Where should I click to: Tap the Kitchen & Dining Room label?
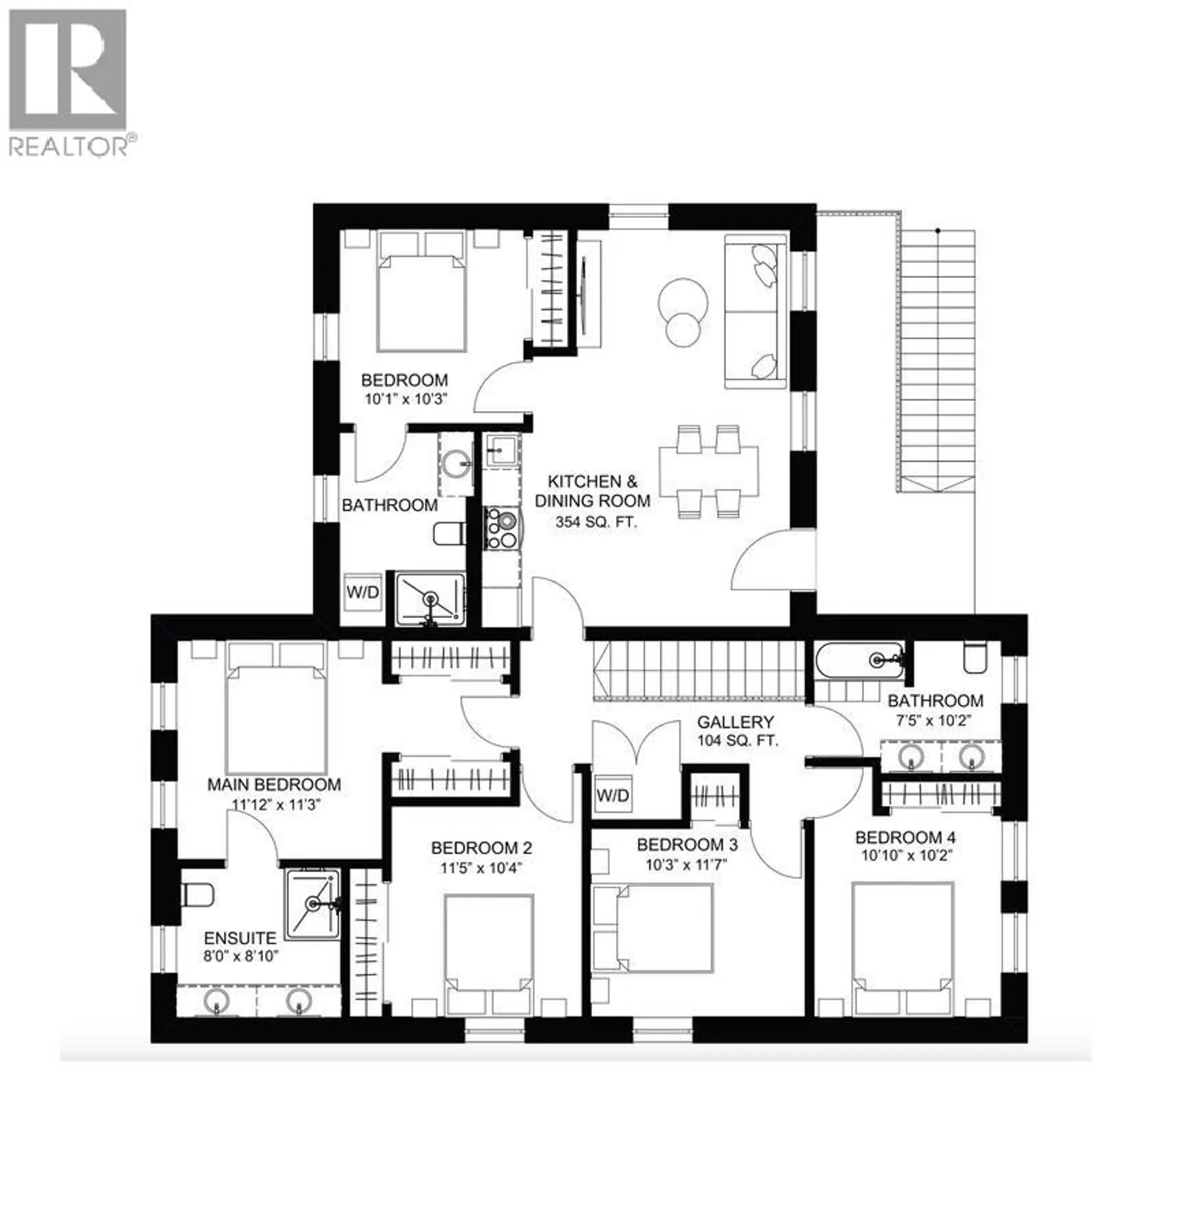pyautogui.click(x=591, y=490)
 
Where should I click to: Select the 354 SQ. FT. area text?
pyautogui.click(x=595, y=521)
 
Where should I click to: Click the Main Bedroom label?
pyautogui.click(x=274, y=784)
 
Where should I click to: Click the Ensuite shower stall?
pyautogui.click(x=314, y=904)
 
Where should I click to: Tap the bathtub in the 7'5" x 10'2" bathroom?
pyautogui.click(x=860, y=660)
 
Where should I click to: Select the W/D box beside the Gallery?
pyautogui.click(x=612, y=796)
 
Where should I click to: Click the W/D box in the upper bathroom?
pyautogui.click(x=362, y=592)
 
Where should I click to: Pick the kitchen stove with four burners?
pyautogui.click(x=501, y=529)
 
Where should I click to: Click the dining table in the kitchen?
pyautogui.click(x=707, y=470)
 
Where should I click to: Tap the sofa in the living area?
pyautogui.click(x=756, y=312)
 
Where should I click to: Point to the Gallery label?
pyautogui.click(x=735, y=722)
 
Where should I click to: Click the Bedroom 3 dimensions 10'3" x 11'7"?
pyautogui.click(x=686, y=866)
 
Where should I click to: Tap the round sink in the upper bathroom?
pyautogui.click(x=455, y=464)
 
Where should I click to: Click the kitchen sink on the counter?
pyautogui.click(x=502, y=448)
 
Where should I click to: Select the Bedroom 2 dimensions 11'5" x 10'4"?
pyautogui.click(x=481, y=869)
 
